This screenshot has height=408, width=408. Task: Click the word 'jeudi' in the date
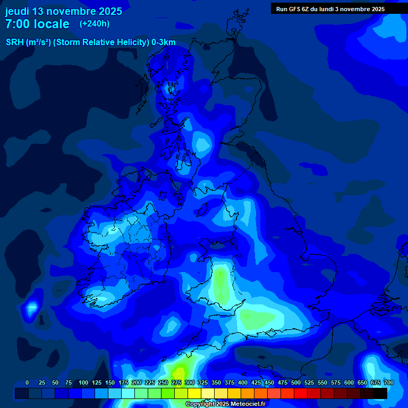pos(17,11)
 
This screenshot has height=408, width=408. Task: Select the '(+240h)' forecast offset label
pos(95,24)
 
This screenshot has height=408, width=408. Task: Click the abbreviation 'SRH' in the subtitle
pos(15,42)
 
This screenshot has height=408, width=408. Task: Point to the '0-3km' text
pos(163,42)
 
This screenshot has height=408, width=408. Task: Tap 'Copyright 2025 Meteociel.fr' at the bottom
pos(225,404)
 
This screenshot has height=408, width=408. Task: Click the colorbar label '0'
pos(27,382)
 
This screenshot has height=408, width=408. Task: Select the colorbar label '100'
pos(83,382)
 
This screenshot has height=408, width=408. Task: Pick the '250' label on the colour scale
pos(163,382)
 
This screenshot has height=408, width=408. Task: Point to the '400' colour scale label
pos(243,382)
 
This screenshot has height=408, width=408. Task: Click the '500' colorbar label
pos(296,382)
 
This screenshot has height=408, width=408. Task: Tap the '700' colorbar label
pos(388,382)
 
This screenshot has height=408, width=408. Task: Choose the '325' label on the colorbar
pos(203,382)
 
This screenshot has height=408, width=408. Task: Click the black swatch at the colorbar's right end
pos(380,393)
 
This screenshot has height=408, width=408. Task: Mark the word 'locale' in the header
pos(52,24)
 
